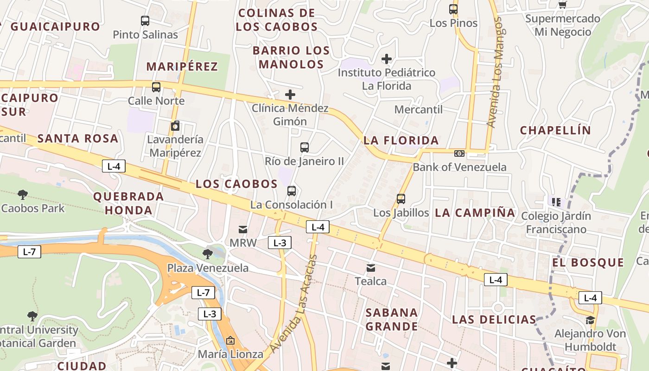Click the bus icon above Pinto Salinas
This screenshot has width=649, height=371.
[x=145, y=21]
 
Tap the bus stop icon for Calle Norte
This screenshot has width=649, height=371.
[x=156, y=87]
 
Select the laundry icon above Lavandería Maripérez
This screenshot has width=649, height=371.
[x=175, y=126]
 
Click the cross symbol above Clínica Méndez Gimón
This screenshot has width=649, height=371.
[x=290, y=95]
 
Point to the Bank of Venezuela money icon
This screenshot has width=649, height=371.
[x=459, y=154]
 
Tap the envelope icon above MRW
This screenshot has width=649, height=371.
[x=243, y=229]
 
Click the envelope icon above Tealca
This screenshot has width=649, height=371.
[x=371, y=268]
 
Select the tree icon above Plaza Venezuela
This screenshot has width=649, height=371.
[x=208, y=254]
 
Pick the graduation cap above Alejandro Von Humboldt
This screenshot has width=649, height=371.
[x=590, y=320]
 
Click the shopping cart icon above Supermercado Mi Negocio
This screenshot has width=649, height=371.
[x=562, y=5]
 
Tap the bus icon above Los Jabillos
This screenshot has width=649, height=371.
[x=401, y=199]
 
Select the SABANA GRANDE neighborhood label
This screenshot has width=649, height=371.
[x=392, y=320]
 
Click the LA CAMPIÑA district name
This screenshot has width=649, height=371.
[x=475, y=213]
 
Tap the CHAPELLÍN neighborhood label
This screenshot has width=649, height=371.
[x=555, y=130]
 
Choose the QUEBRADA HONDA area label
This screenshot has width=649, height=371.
[x=129, y=203]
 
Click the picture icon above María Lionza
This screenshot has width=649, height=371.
[x=230, y=341]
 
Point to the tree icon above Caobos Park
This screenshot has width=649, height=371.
[x=22, y=195]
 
